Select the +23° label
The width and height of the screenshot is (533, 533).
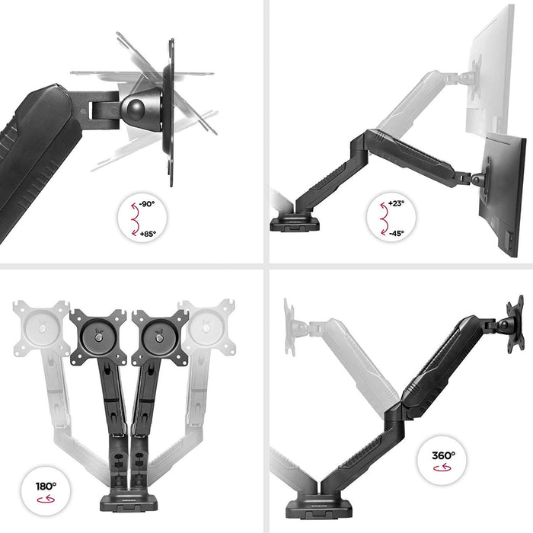coord(396,204)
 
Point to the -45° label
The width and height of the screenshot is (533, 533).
coord(396,233)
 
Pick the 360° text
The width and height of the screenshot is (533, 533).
coord(443,456)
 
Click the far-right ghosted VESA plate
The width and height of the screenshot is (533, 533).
coord(206,327)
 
